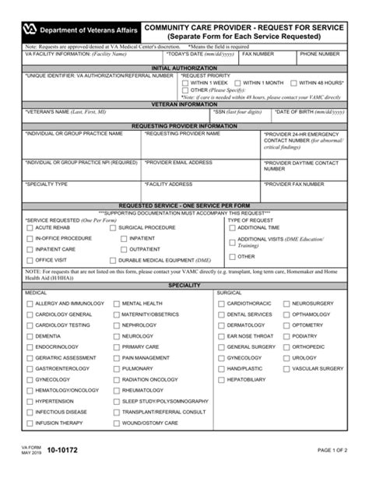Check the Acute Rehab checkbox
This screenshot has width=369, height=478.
(x=29, y=228)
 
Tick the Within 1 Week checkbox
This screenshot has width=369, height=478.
(x=185, y=83)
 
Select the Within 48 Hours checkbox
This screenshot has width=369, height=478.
(x=293, y=83)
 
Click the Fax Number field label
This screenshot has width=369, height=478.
(x=258, y=54)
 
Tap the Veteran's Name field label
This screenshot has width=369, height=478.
(x=57, y=112)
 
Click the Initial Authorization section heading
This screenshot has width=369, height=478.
(x=184, y=68)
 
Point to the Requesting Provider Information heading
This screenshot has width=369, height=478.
(x=184, y=125)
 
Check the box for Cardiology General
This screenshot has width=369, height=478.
(x=29, y=315)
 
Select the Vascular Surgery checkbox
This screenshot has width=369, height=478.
(x=285, y=369)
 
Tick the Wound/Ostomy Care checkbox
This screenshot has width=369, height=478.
(x=115, y=424)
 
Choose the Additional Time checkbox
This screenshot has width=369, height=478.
(x=232, y=228)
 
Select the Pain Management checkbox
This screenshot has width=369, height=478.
(x=115, y=358)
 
